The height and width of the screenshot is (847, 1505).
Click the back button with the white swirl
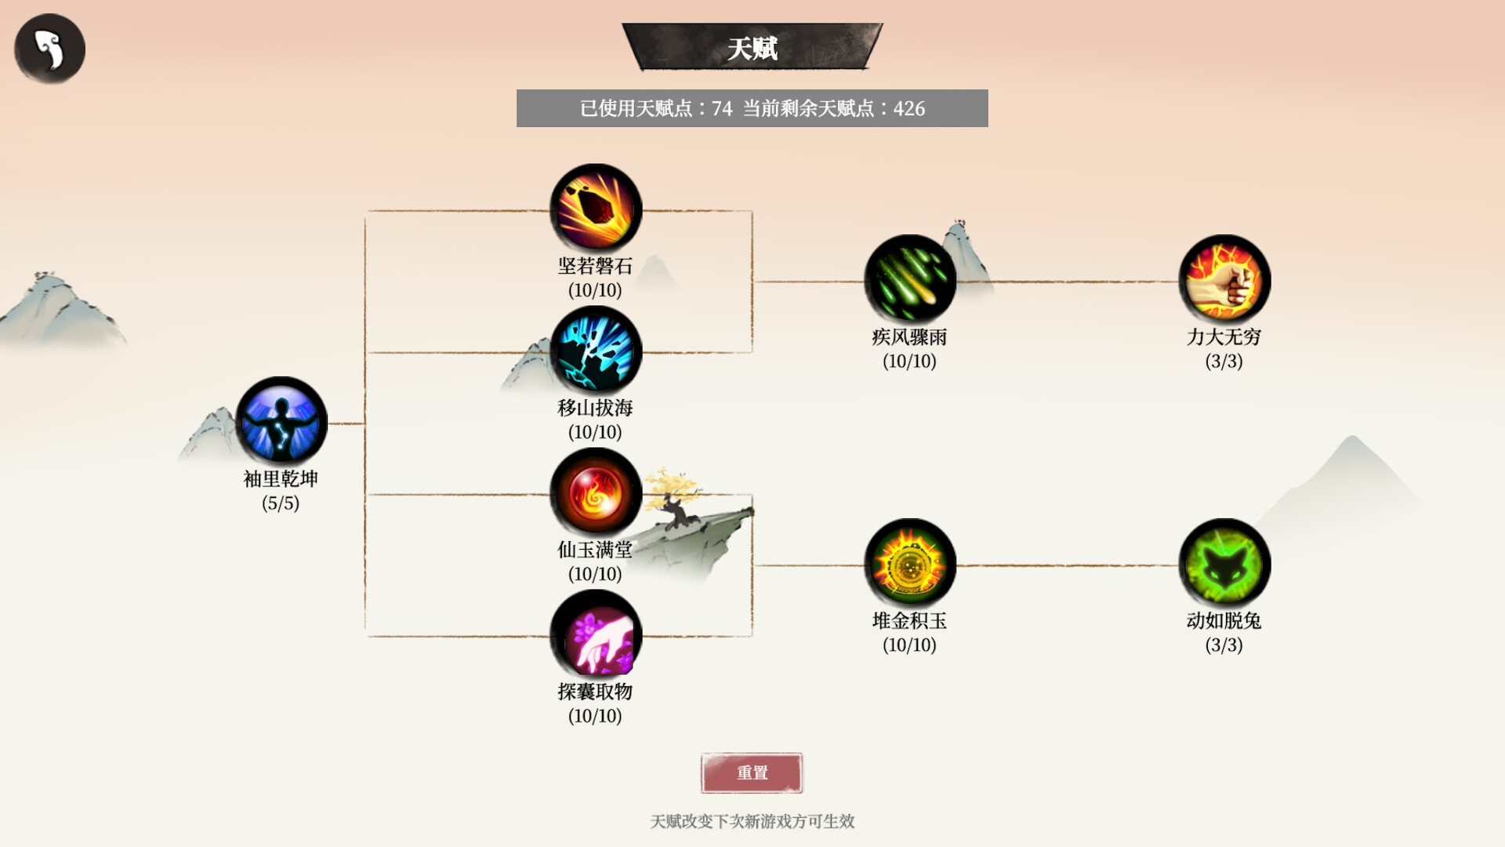(x=49, y=49)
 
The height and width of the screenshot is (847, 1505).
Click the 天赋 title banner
(x=752, y=48)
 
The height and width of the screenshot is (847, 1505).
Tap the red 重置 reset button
(x=752, y=773)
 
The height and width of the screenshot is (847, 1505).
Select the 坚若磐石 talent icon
(x=596, y=209)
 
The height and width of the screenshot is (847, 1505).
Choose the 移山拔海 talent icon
(x=596, y=351)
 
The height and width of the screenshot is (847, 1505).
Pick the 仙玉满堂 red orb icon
(x=596, y=493)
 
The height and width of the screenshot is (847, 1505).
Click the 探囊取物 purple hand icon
(x=596, y=635)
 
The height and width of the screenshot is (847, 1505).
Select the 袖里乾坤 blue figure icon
(x=281, y=423)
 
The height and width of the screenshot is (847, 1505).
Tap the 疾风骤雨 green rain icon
(x=909, y=281)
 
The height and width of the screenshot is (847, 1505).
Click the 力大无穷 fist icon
(x=1224, y=281)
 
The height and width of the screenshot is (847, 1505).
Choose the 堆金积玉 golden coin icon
(x=909, y=565)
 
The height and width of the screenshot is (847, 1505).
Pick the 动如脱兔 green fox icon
(x=1224, y=565)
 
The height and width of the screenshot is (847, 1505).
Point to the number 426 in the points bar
(x=909, y=109)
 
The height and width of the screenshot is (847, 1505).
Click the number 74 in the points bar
(x=722, y=109)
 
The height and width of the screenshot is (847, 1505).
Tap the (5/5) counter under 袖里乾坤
(x=281, y=503)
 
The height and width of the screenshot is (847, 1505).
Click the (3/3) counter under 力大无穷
(x=1224, y=362)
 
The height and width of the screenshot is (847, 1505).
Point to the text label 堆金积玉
(x=909, y=621)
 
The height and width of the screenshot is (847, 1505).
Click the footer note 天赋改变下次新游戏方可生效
(x=752, y=821)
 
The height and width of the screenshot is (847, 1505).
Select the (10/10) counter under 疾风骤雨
(x=909, y=362)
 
